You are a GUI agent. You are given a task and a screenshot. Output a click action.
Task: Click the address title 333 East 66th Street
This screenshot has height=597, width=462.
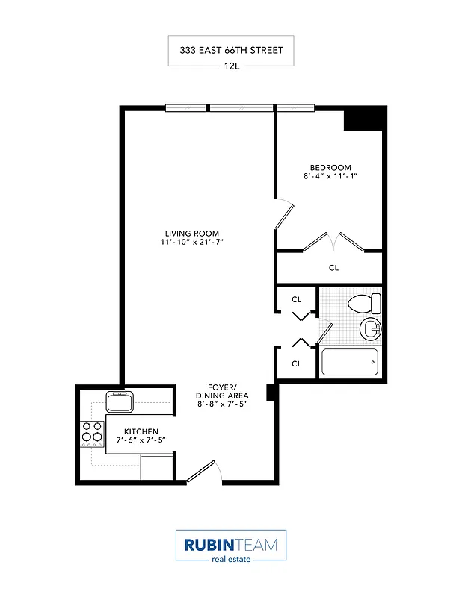[231, 51]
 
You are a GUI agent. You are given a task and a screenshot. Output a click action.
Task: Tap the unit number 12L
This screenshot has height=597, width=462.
[231, 66]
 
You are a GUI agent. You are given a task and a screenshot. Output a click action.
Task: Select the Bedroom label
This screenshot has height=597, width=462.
[330, 167]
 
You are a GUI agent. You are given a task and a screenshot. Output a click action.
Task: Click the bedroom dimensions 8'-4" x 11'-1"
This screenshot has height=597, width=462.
[330, 178]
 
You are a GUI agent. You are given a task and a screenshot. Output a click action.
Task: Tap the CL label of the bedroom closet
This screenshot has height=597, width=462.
[333, 268]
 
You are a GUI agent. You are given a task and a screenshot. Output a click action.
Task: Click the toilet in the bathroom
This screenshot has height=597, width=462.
[365, 304]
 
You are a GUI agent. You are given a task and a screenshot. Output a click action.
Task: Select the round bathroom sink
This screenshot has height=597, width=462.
[370, 329]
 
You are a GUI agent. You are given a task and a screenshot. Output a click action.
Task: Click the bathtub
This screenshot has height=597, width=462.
[350, 363]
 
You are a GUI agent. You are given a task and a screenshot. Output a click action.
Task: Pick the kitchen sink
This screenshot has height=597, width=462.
[120, 402]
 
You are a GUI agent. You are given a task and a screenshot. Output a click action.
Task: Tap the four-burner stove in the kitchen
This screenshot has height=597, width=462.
[92, 432]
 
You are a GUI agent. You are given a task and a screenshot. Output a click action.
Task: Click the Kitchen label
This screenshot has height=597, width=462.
[141, 431]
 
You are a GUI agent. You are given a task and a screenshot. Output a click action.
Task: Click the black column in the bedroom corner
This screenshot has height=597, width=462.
[366, 118]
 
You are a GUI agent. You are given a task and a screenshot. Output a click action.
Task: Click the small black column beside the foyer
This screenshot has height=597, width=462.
[272, 391]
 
